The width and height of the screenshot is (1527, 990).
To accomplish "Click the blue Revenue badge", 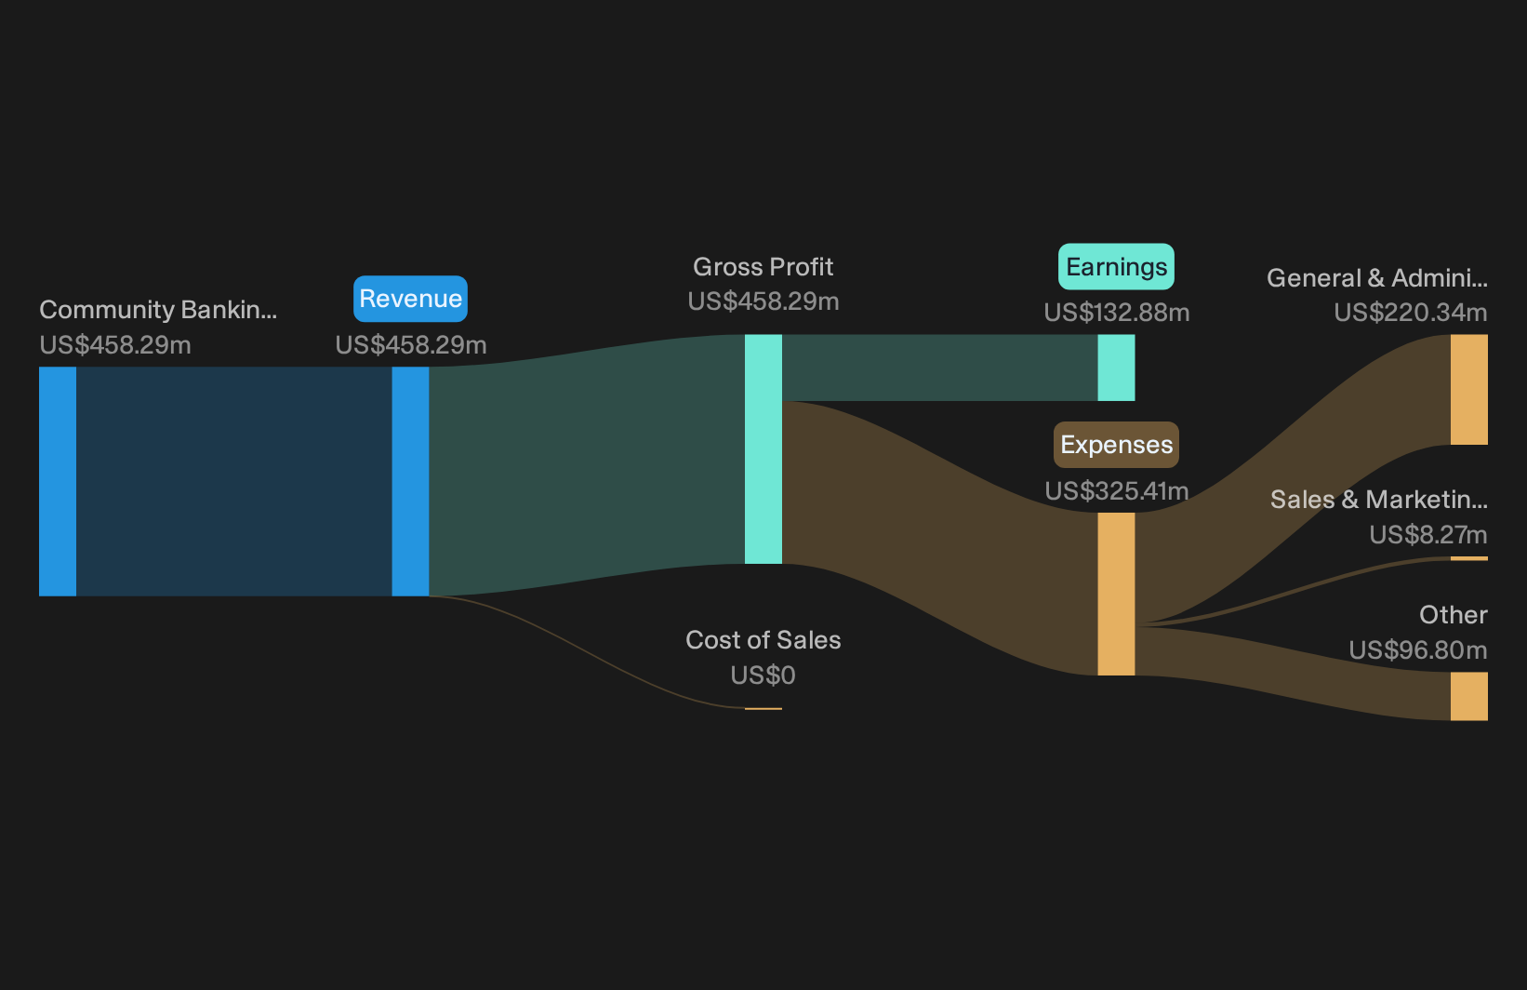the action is point(410,299).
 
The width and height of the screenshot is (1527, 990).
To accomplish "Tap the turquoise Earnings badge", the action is point(1116,267).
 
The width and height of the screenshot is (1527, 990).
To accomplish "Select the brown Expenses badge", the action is point(1116,445).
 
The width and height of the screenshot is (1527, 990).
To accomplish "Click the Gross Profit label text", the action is point(763,267).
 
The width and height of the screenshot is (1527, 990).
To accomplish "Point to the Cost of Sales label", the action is point(763,640).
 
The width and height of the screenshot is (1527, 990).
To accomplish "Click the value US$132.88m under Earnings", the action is point(1117,313).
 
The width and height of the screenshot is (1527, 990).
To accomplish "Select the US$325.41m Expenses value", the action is point(1117,490).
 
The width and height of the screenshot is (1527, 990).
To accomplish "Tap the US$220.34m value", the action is point(1411,313).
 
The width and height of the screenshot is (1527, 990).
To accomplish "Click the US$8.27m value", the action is point(1428,535).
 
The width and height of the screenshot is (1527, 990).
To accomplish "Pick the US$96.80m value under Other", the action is point(1418,650).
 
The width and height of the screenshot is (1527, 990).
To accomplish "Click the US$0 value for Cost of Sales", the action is point(763,676).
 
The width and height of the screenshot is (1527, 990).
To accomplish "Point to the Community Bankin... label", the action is point(158,310).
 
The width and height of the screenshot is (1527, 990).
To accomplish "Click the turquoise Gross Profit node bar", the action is point(763,449).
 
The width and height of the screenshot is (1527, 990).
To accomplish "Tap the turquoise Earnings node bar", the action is point(1116,368).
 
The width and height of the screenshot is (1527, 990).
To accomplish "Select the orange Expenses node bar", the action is point(1116,595).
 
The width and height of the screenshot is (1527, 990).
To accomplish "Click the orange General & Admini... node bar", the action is point(1469,390).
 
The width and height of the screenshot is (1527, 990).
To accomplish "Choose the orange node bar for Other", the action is point(1469,696).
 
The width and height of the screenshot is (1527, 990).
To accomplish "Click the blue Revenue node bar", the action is point(410,482).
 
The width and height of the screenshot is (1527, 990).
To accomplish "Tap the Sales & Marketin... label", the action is point(1379,500).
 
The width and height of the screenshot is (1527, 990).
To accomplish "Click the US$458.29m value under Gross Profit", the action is point(763,301).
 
